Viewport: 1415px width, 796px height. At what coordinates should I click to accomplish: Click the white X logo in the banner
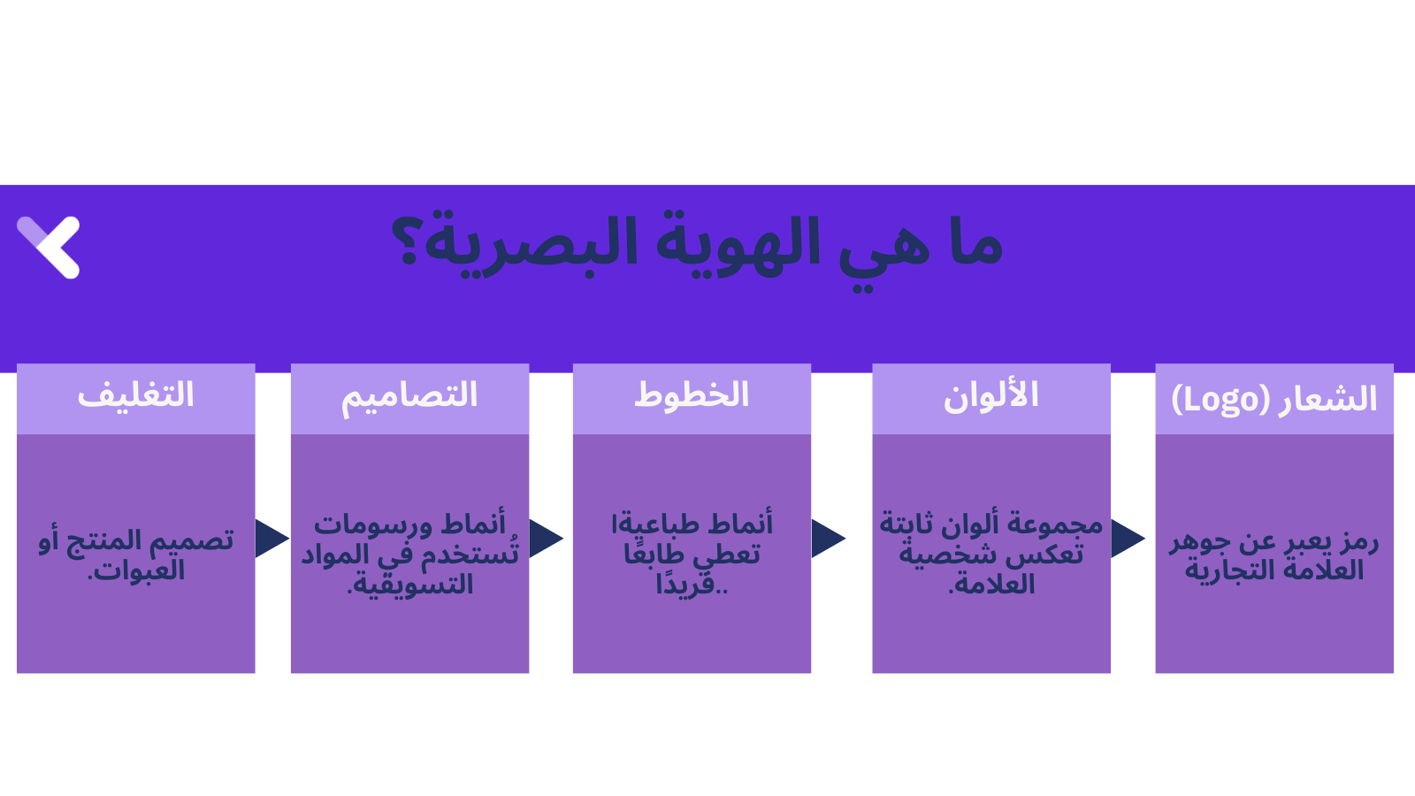point(50,247)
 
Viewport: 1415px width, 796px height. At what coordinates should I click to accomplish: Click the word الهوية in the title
point(738,243)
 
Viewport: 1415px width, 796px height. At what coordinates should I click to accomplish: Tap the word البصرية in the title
point(531,243)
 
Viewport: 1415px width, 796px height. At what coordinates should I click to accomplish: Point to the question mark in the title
point(408,241)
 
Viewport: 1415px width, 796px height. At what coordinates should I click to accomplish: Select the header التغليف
point(135,395)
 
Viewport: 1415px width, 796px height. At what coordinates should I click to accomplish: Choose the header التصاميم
point(409,395)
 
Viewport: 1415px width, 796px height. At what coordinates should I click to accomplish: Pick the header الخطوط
point(692,395)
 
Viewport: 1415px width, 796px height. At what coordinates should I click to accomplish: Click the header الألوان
point(990,395)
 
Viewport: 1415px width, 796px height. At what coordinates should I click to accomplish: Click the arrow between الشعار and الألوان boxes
point(1127,539)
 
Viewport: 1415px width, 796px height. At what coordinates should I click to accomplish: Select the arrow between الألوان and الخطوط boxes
point(827,539)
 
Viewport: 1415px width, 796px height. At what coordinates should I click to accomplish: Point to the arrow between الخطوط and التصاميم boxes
point(545,539)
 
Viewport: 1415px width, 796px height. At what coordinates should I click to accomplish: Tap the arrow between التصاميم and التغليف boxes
point(271,539)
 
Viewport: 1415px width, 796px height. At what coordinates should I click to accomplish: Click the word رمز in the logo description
point(1358,541)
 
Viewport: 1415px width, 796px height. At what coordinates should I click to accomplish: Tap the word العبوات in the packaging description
point(138,570)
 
